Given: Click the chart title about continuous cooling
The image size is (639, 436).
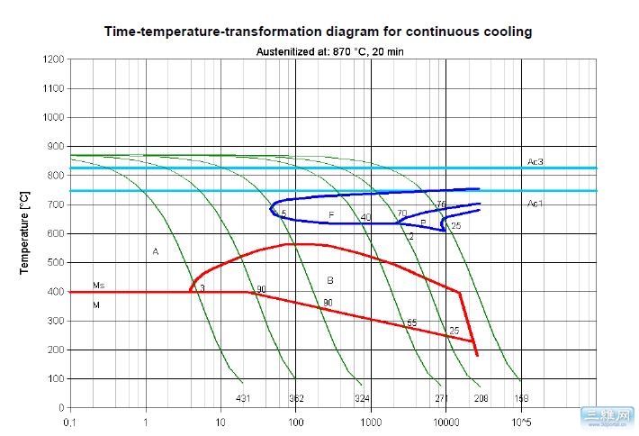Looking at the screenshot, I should click(x=319, y=32).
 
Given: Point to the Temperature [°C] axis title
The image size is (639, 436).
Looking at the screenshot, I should click(x=25, y=232).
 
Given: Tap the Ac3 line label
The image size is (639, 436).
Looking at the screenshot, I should click(x=535, y=161).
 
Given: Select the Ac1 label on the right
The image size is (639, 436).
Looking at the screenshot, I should click(x=535, y=204).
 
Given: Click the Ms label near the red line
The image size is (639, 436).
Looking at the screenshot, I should click(x=99, y=285).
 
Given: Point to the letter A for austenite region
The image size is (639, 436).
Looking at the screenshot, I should click(x=156, y=252).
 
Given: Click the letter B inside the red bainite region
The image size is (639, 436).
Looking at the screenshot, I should click(x=330, y=280).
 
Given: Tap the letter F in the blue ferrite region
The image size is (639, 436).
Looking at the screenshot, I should click(x=331, y=215).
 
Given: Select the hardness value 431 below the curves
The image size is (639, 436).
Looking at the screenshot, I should click(x=243, y=397).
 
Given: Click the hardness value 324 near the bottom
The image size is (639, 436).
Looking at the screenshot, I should click(x=362, y=397).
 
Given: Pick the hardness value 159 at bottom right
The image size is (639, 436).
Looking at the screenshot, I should click(x=521, y=397).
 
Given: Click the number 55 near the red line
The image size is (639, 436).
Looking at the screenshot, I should click(x=412, y=322).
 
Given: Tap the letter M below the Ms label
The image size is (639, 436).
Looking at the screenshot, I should click(x=96, y=305).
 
